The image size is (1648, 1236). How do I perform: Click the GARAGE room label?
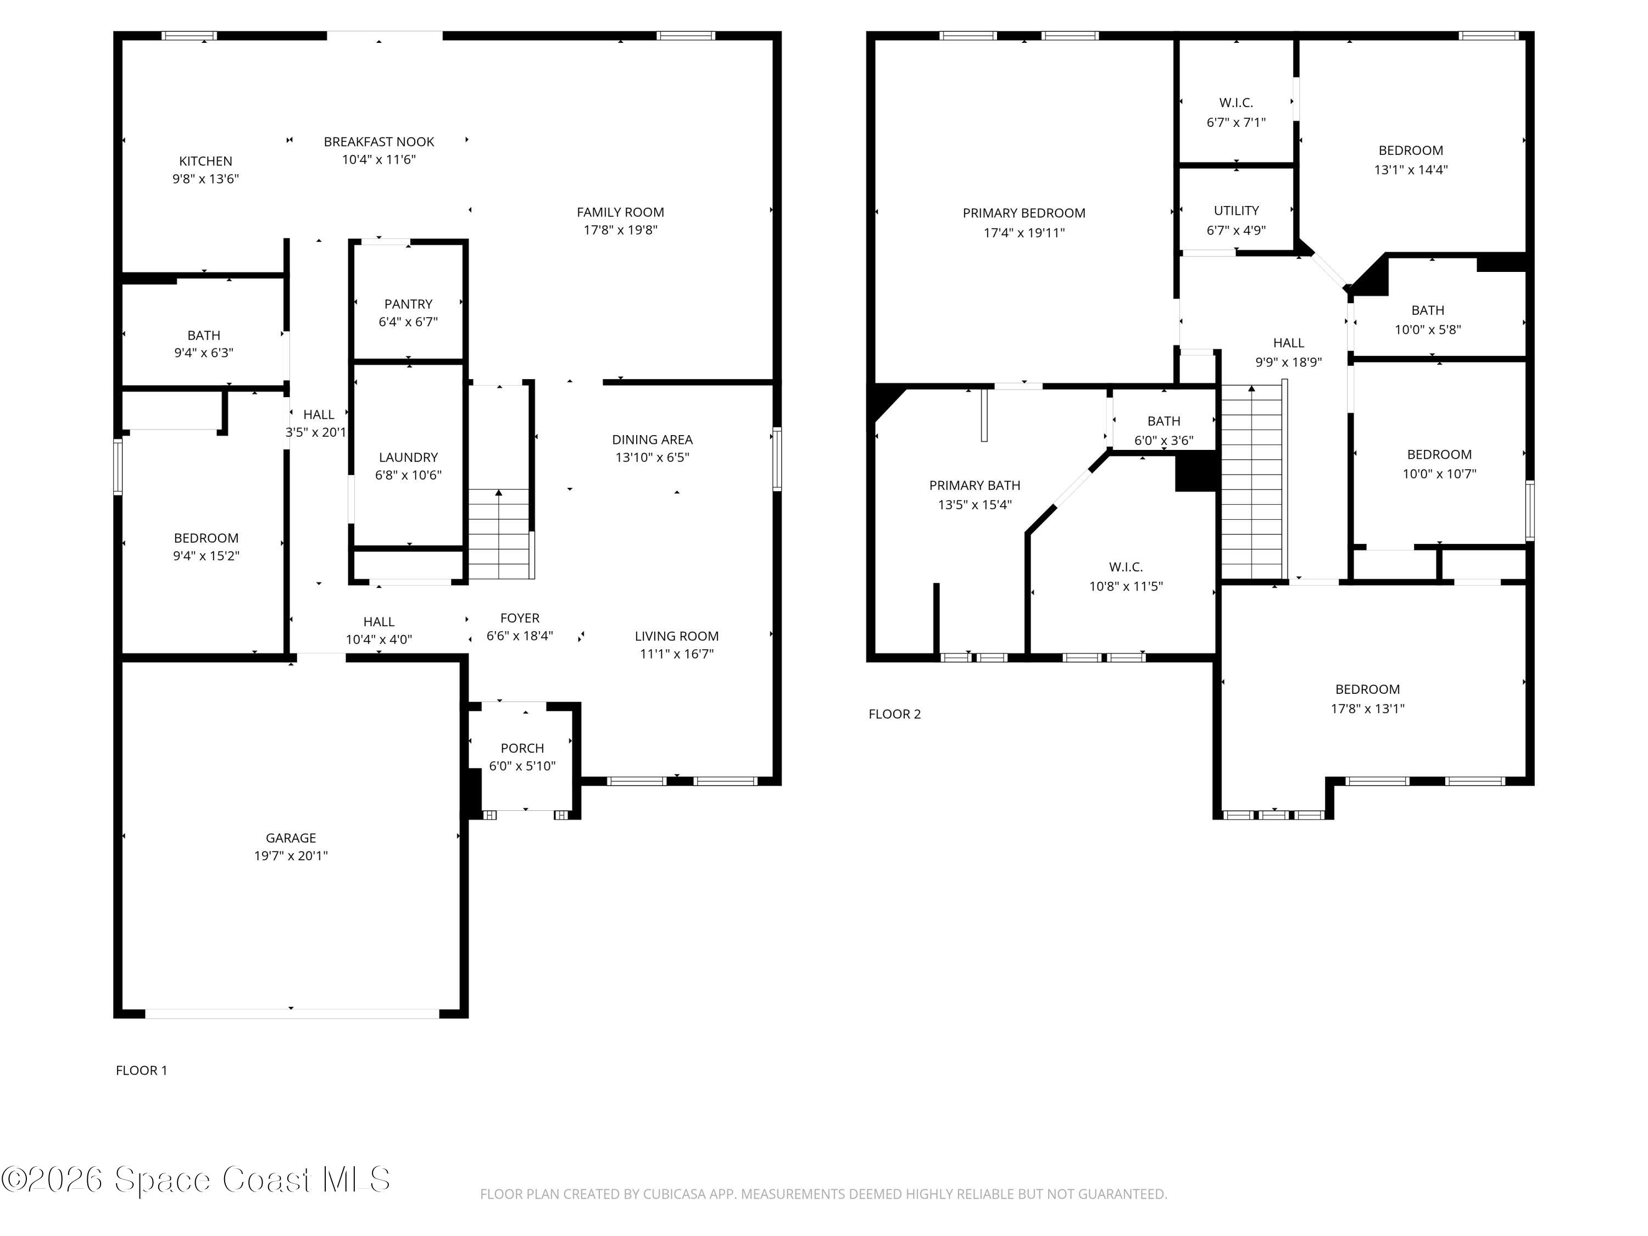click(x=291, y=837)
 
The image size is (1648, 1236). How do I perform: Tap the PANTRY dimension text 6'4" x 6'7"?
click(x=408, y=322)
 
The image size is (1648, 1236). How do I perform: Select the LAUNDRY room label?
click(x=408, y=456)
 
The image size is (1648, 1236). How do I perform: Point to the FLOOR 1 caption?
click(x=142, y=1070)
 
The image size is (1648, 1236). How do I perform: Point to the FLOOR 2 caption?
click(x=894, y=714)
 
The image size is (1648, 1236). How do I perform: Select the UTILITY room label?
click(x=1236, y=211)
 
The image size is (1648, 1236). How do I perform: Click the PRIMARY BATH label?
click(x=974, y=485)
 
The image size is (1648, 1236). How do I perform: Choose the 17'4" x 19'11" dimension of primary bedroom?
click(x=1023, y=232)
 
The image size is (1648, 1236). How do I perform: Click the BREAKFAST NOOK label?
click(x=378, y=142)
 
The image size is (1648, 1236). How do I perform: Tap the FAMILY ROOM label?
click(x=620, y=213)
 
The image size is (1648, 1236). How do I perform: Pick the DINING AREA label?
click(x=652, y=439)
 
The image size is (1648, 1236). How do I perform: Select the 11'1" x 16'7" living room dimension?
click(x=676, y=653)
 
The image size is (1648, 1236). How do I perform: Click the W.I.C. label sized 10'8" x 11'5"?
click(x=1125, y=567)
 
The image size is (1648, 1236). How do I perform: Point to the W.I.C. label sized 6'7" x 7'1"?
click(x=1236, y=103)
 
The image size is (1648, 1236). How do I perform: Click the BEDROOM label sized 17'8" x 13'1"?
click(x=1367, y=689)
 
